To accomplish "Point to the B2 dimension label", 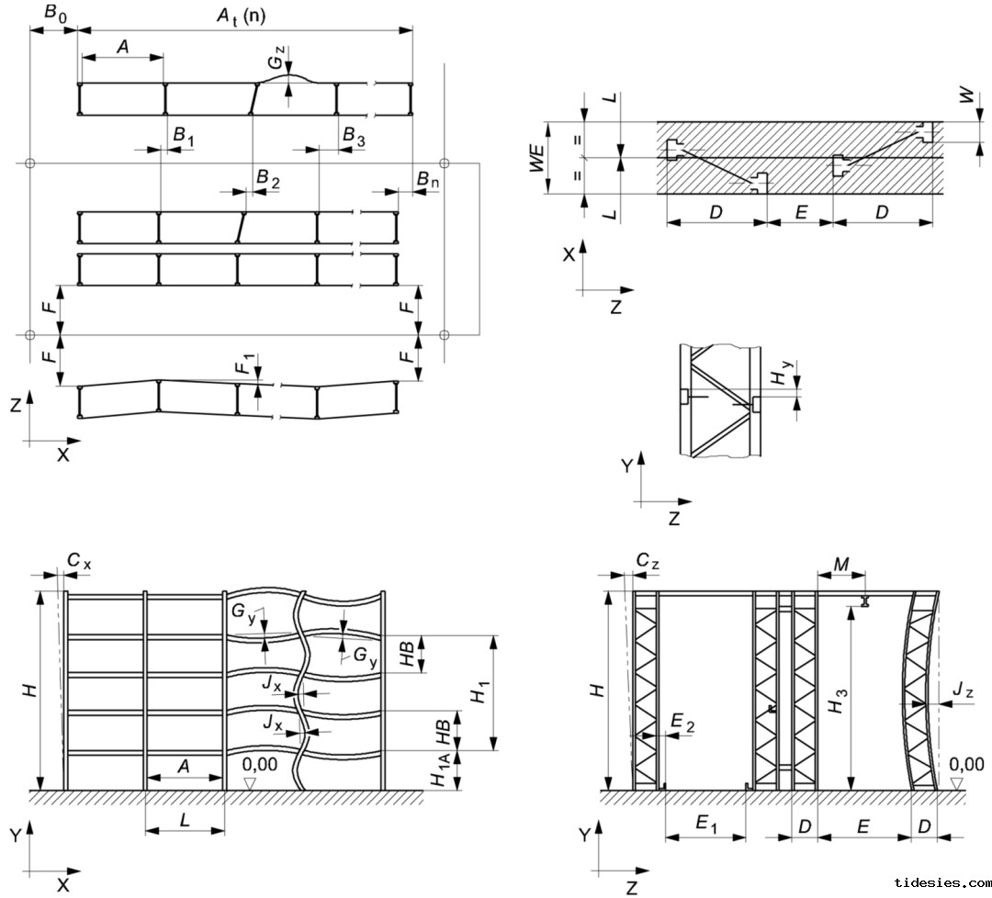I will click(267, 176).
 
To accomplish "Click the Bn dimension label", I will click(426, 179).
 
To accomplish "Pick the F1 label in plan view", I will click(242, 364).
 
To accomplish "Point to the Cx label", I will click(79, 561).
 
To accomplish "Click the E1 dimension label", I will click(705, 825).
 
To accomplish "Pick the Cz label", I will click(648, 561).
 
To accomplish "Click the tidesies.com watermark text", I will click(941, 882).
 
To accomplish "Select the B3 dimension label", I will click(354, 134).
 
